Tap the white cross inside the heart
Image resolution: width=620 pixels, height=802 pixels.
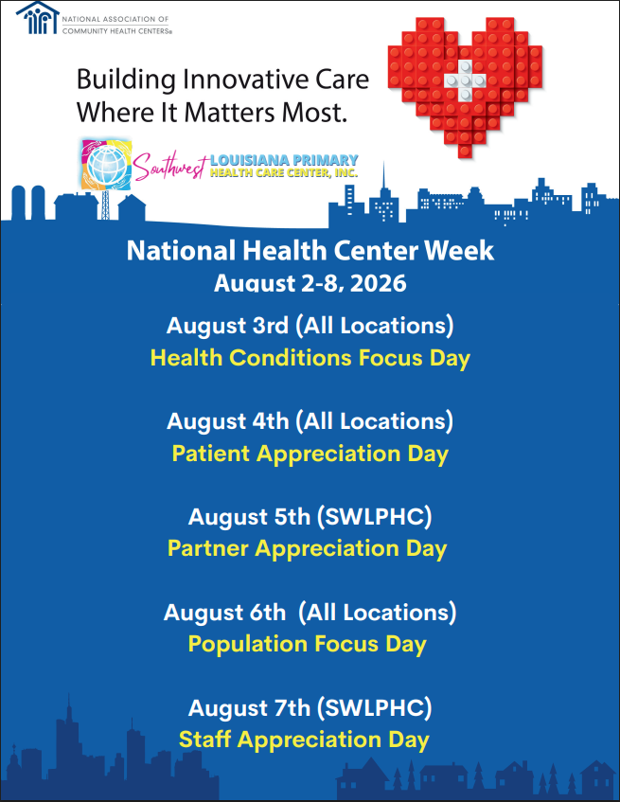coord(465,80)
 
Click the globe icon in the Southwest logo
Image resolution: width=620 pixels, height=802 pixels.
coord(106,165)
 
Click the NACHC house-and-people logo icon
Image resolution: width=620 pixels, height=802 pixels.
coord(37,17)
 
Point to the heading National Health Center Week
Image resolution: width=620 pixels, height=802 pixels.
coord(310,251)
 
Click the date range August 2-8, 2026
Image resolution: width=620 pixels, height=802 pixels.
coord(310,283)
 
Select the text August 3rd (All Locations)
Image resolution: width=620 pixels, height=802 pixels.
coord(310,326)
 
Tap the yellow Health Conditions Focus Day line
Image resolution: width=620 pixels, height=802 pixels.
coord(310,358)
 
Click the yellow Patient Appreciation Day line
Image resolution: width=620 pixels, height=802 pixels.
coord(310,454)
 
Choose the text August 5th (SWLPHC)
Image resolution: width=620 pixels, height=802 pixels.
coord(310,517)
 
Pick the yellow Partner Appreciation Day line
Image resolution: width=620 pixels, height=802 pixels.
coord(308,549)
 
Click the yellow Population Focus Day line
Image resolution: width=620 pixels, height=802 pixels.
coord(308,644)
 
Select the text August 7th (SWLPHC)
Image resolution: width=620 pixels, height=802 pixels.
coord(310,708)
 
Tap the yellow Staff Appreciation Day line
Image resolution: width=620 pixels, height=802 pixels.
coord(304,740)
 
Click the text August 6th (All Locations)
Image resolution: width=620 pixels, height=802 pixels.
coord(310,613)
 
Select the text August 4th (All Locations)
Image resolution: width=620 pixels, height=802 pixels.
coord(310,421)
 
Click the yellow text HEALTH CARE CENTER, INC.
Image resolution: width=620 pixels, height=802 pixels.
coord(284,173)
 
